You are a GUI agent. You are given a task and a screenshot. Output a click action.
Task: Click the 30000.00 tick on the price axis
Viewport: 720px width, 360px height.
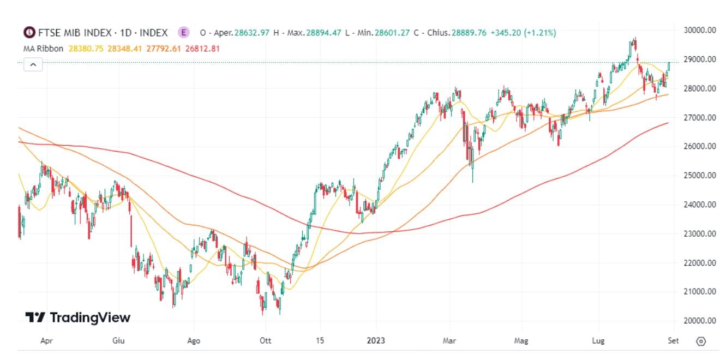[700, 30]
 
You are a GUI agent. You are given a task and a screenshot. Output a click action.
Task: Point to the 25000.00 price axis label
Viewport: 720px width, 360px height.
[700, 175]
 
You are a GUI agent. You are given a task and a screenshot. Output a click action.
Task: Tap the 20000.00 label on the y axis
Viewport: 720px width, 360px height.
[700, 321]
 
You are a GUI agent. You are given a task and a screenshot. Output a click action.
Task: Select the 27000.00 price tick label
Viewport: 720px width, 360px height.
[700, 117]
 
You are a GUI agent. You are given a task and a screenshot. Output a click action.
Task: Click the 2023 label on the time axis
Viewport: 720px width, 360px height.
[376, 341]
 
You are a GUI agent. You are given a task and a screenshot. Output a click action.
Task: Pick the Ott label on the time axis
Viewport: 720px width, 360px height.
[265, 341]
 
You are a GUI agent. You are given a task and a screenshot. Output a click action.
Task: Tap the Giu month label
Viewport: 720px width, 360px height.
[118, 341]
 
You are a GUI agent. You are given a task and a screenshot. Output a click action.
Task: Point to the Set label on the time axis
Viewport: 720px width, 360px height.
[673, 341]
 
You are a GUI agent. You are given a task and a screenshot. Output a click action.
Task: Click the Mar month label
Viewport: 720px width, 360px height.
[449, 341]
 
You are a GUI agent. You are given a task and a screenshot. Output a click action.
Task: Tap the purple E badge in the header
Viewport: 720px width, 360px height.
[184, 33]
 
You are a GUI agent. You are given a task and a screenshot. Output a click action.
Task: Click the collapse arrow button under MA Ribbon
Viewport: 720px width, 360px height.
[33, 64]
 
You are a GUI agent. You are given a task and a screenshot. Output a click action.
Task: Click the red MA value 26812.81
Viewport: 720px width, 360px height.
[203, 49]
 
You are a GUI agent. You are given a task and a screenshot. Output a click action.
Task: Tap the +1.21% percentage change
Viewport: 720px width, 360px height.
[540, 33]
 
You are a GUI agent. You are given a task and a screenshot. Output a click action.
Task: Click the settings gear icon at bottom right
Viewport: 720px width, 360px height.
[701, 341]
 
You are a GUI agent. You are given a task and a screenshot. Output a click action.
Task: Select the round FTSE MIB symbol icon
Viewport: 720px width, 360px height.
[28, 33]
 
